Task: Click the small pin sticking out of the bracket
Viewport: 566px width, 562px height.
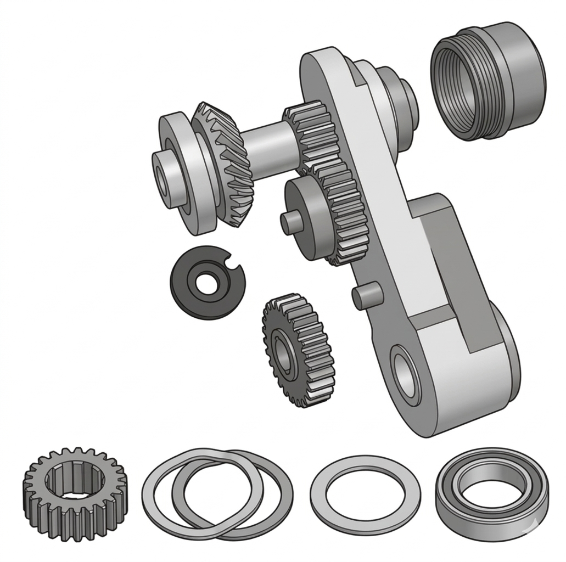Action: tap(365, 297)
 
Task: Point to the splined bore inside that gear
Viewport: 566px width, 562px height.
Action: tap(75, 483)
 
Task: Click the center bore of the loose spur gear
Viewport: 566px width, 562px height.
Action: tap(283, 351)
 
